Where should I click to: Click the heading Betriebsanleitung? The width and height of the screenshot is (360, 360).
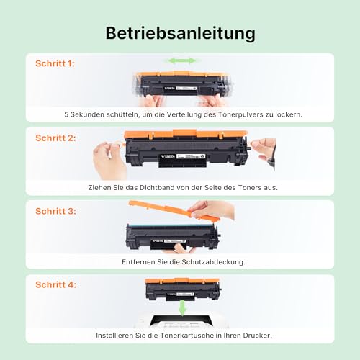(x=179, y=33)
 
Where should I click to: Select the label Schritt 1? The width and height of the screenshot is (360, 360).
(x=55, y=63)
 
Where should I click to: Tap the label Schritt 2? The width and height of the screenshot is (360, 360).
(x=55, y=137)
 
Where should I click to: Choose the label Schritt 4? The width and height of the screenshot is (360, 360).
(x=55, y=284)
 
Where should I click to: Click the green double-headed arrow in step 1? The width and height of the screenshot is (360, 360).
(x=181, y=61)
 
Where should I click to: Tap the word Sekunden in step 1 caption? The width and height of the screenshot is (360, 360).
(x=91, y=114)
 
